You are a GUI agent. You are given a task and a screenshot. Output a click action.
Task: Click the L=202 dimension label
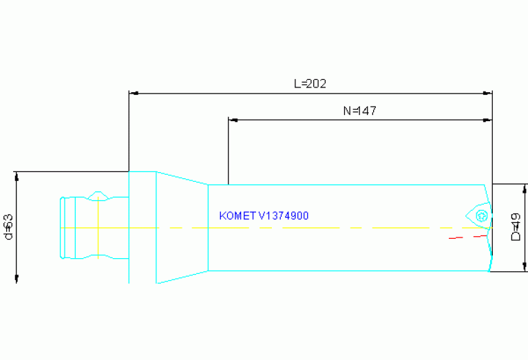click(310, 84)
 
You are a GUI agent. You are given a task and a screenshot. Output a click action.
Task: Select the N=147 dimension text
click(359, 110)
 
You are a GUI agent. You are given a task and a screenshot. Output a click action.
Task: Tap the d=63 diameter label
click(8, 226)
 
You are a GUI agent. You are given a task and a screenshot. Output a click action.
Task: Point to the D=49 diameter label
click(516, 227)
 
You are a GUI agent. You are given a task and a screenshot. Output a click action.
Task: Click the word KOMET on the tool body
click(237, 216)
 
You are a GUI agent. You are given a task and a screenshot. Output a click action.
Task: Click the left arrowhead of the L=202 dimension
click(134, 92)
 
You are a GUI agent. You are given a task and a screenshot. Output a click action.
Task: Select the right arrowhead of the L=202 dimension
click(488, 92)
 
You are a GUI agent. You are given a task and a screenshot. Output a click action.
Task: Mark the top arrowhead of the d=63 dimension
click(16, 176)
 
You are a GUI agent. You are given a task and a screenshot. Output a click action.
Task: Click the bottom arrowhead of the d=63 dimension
click(16, 277)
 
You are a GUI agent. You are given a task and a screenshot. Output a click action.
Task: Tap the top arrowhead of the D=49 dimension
click(525, 189)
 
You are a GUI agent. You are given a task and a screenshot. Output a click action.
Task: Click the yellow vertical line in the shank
click(98, 227)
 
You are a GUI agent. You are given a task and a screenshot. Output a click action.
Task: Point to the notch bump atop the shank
click(99, 194)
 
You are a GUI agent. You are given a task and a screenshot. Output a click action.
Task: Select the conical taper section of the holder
click(182, 227)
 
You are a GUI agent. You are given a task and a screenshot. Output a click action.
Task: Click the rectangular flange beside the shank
click(142, 227)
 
